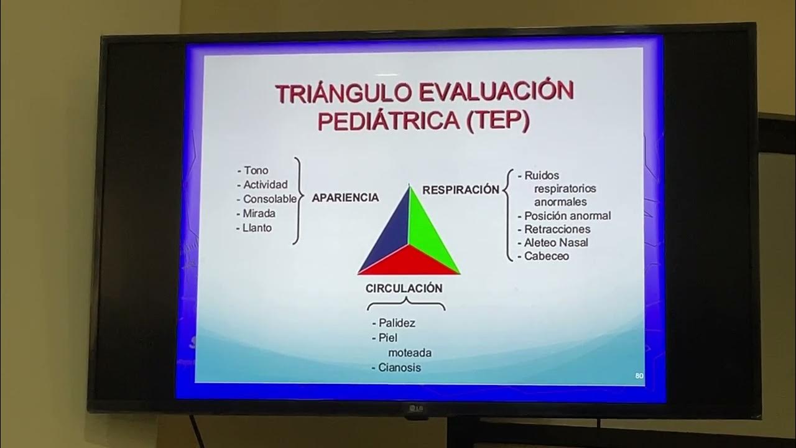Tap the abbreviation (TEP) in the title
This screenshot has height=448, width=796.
click(497, 121)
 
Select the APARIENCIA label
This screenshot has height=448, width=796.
click(345, 198)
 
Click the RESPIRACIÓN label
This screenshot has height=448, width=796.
click(461, 190)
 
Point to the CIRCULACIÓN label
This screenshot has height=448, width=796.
click(404, 289)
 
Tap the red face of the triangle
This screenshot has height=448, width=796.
click(409, 261)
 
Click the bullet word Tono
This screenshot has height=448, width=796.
click(256, 170)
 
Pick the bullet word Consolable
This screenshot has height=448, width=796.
click(269, 199)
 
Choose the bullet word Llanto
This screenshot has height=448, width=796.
click(257, 228)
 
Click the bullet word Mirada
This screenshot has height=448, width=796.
click(259, 213)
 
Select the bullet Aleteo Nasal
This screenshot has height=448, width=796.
click(555, 243)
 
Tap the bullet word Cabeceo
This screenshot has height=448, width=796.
click(546, 256)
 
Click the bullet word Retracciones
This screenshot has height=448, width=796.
click(557, 229)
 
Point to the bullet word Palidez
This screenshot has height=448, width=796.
click(397, 323)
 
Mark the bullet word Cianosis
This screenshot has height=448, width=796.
click(399, 368)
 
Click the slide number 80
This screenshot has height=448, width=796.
click(639, 376)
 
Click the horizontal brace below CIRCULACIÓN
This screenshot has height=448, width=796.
click(406, 304)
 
